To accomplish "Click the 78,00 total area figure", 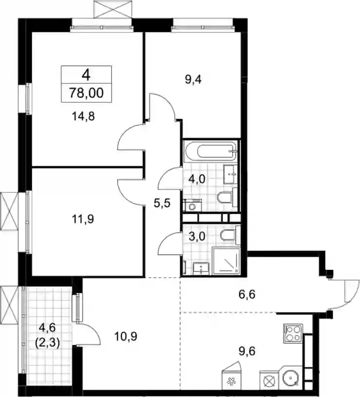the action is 87,93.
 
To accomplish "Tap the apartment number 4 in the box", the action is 86,75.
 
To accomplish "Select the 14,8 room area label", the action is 83,116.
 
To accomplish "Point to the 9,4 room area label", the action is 193,80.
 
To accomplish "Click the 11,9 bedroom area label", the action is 83,219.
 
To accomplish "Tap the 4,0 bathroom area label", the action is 197,179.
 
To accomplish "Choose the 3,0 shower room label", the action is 197,237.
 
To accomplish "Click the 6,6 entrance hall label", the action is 246,294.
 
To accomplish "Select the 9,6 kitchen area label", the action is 246,351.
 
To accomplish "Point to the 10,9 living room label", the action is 126,337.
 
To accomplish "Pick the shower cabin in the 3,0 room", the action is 226,261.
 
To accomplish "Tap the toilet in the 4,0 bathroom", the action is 227,197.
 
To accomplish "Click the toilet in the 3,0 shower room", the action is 229,235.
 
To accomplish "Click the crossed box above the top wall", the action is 113,9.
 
